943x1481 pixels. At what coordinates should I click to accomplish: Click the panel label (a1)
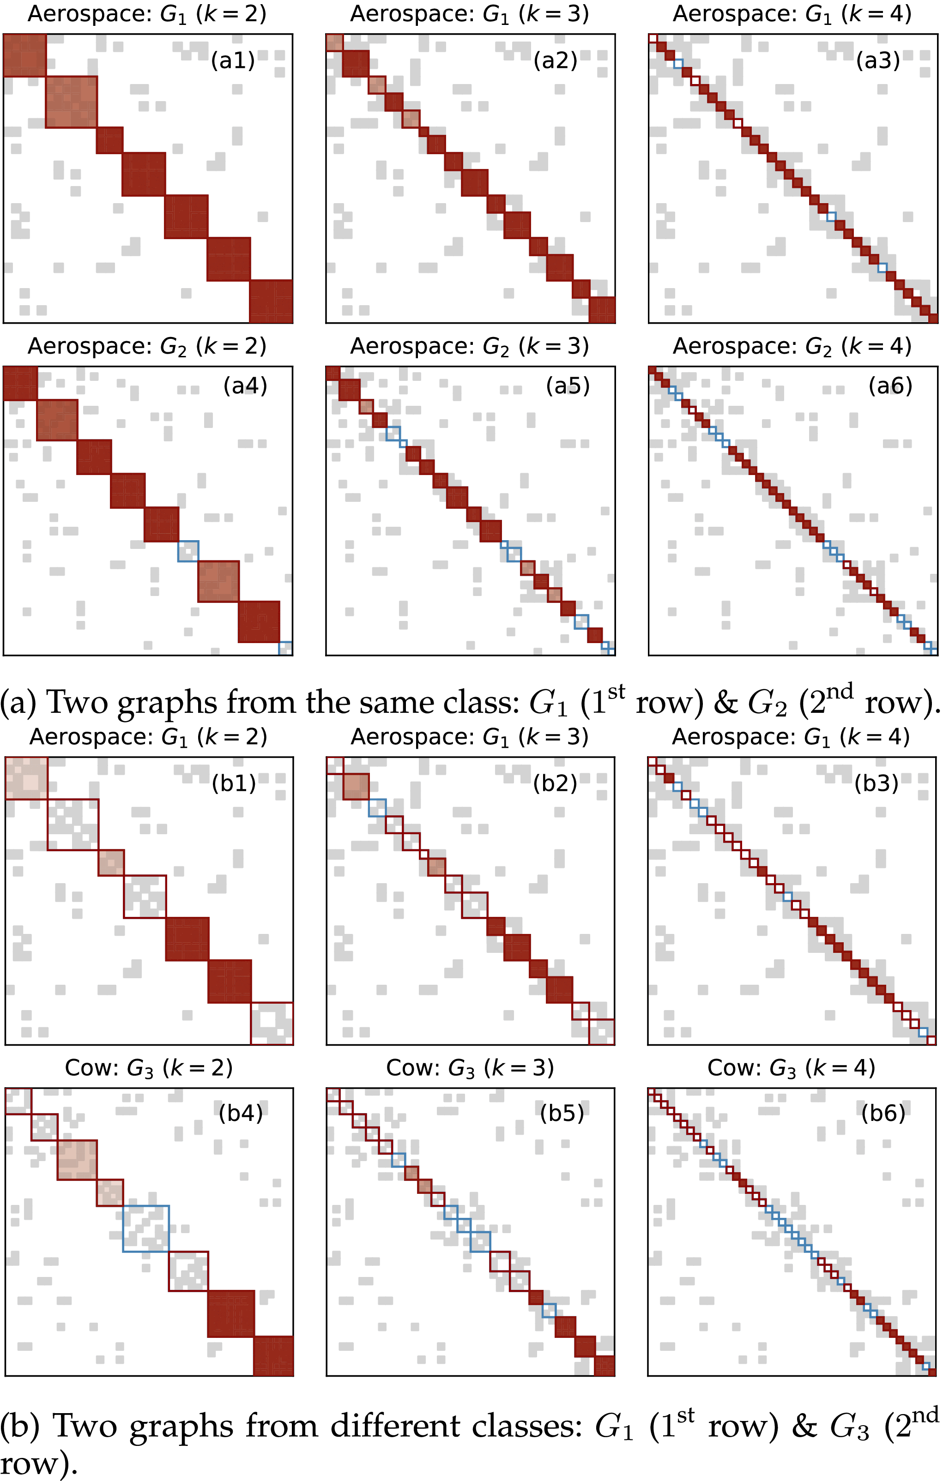click(233, 60)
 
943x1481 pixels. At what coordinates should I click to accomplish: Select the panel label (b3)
click(877, 783)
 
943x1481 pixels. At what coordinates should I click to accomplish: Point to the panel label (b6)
click(883, 1113)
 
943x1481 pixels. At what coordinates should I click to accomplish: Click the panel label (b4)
click(241, 1113)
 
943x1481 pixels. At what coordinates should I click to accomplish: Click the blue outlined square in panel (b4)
click(146, 1228)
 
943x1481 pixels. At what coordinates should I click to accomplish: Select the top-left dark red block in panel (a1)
click(24, 55)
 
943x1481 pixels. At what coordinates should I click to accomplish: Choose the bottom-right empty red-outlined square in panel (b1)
click(272, 1023)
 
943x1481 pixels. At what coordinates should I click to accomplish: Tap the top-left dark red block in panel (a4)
click(20, 383)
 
